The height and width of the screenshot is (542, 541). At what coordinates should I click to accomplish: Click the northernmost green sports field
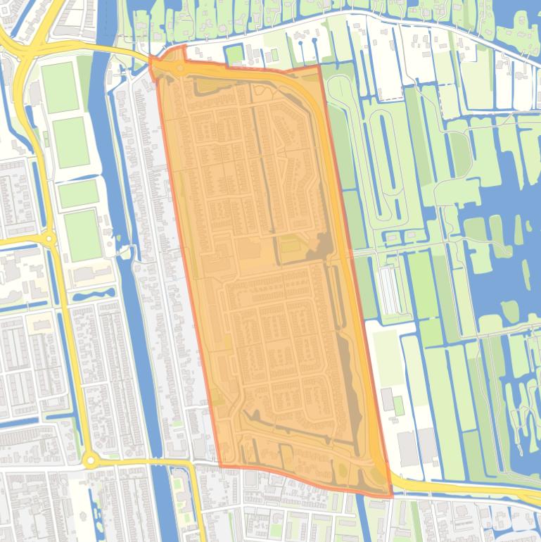pos(60,87)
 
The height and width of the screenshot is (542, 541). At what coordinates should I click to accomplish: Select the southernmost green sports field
pos(82,235)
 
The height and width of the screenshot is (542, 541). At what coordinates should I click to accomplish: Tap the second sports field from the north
pos(71,142)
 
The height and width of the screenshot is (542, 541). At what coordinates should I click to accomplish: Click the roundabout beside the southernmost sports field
pos(49,239)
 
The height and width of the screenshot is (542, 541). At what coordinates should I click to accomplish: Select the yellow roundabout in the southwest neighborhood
pos(89,461)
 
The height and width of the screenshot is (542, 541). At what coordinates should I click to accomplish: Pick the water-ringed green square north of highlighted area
pos(235,54)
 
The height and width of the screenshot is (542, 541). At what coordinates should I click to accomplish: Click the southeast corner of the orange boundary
pos(391,496)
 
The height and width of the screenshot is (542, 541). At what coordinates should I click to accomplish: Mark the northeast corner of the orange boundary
pos(320,65)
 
